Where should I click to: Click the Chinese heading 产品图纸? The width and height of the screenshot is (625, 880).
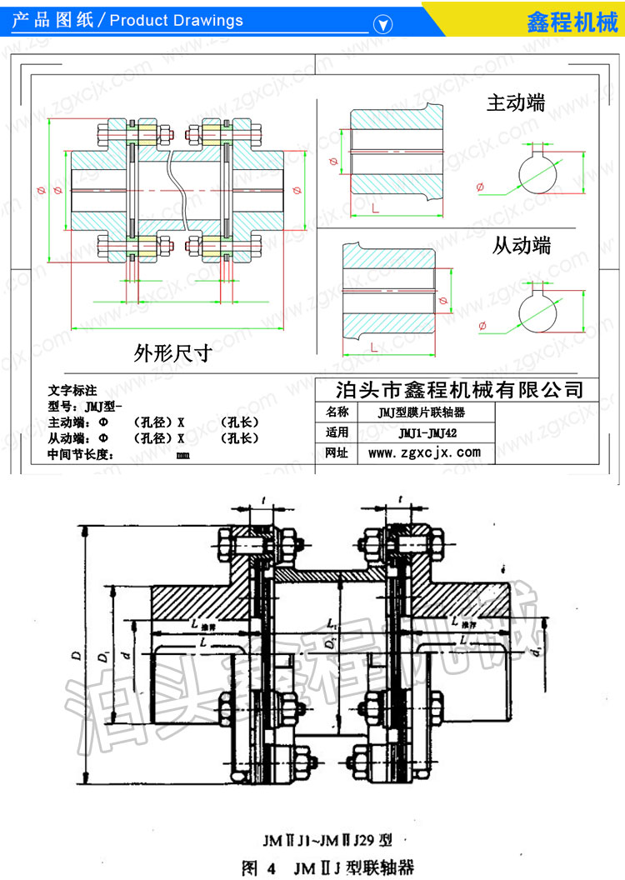click(48, 21)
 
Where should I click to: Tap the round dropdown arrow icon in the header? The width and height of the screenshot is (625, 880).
click(382, 23)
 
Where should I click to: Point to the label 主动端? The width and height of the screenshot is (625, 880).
click(516, 103)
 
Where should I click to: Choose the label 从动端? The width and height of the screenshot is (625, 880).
click(521, 245)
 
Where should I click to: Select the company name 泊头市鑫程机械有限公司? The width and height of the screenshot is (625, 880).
click(458, 389)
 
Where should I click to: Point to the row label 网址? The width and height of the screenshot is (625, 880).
click(337, 452)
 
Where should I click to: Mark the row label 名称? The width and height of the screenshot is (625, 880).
click(337, 412)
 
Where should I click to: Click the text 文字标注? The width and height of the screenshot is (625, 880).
click(72, 389)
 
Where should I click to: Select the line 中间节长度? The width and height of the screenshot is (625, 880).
click(80, 454)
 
